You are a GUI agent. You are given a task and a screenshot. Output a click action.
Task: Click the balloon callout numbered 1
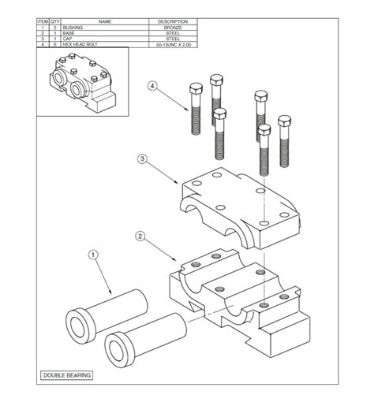pos(92,255)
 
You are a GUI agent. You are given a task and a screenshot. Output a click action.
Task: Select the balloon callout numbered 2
pos(140,236)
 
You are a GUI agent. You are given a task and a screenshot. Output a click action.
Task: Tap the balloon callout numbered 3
pos(141,160)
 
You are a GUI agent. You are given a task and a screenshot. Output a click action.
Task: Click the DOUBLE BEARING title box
pos(67,376)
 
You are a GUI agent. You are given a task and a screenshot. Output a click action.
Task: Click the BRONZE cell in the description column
pos(173,27)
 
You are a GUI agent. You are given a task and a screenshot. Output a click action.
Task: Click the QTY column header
pos(55,20)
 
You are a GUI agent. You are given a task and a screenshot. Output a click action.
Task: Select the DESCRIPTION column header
pos(173,20)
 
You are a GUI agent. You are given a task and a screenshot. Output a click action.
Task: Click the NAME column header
pos(104,20)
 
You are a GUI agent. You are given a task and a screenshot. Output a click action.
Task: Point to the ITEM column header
pos(43,20)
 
